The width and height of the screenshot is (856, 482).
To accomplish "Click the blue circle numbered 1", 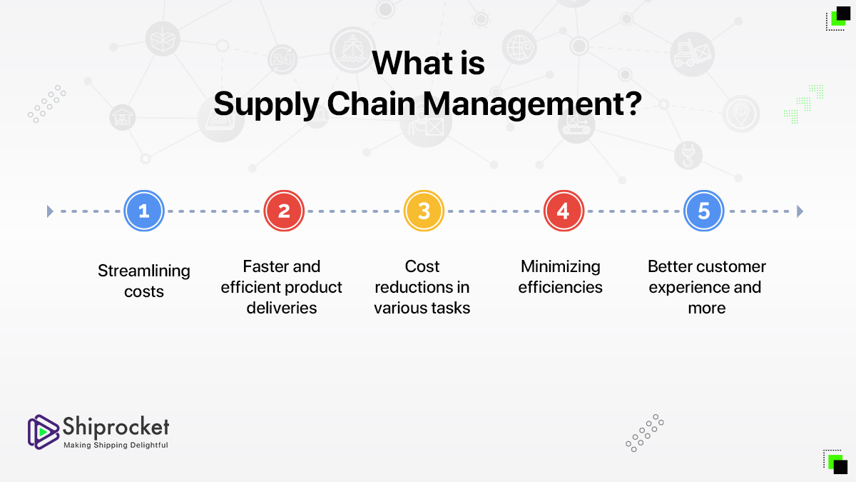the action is click(x=144, y=211).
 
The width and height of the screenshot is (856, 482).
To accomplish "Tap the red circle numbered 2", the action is click(x=284, y=211).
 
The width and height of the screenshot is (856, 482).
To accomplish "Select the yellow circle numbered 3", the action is click(x=424, y=211).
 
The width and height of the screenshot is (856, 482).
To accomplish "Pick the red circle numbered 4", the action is click(x=564, y=211).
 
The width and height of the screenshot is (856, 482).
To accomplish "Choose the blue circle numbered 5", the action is click(x=703, y=211).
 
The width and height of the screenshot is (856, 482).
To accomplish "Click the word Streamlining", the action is click(x=144, y=271).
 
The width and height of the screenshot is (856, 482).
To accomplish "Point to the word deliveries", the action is click(x=282, y=308).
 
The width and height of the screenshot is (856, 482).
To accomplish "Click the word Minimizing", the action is click(x=560, y=267).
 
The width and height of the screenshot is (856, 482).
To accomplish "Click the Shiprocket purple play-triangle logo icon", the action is click(x=44, y=432).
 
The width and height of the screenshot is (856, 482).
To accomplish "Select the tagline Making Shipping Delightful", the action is click(x=116, y=446).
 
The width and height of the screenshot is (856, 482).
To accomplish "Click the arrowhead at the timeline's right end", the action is click(x=800, y=211).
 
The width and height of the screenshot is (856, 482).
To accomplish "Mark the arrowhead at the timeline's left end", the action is click(x=50, y=211).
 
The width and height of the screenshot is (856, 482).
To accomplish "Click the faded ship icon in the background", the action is click(x=352, y=50).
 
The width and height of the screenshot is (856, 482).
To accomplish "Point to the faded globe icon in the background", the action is click(x=519, y=47).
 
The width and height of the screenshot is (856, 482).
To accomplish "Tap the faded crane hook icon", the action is click(x=688, y=156).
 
